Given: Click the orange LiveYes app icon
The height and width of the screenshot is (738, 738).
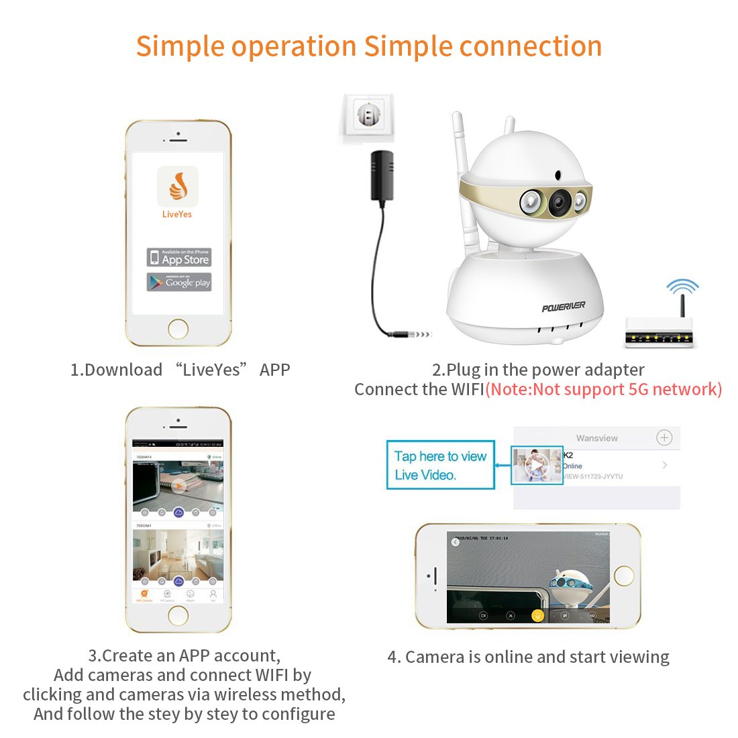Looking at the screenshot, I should (x=178, y=187).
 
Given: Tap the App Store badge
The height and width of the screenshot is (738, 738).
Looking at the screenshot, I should (x=178, y=258).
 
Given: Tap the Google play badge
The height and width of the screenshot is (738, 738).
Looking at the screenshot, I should (x=178, y=282).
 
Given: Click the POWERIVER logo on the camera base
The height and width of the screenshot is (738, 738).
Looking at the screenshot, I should (x=564, y=307).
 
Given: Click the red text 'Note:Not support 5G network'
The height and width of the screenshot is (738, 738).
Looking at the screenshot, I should (x=603, y=389).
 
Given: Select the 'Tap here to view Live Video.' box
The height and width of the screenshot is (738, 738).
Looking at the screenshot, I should (x=440, y=465).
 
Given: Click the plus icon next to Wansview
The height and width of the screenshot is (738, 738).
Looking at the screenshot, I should (x=664, y=438).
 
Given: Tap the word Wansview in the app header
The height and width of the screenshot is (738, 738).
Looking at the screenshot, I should (x=596, y=438).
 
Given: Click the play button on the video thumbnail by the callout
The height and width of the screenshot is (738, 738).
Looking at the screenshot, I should (x=537, y=465).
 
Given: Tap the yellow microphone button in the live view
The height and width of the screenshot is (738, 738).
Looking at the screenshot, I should (x=537, y=615).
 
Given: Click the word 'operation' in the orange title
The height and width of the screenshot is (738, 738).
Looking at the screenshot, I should (x=293, y=47).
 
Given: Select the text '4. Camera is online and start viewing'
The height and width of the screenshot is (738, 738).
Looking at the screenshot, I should (x=528, y=657).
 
